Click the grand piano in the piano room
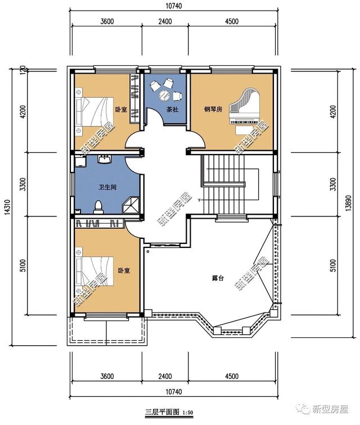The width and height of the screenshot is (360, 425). tap(244, 106)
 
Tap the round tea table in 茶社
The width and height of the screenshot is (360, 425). tap(164, 95)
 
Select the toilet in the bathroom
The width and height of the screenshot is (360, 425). tap(98, 207)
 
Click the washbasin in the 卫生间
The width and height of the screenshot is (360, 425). tap(104, 159)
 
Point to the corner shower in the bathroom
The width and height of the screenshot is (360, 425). tap(131, 205)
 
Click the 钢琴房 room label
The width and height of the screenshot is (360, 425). tap(213, 109)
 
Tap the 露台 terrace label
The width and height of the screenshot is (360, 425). tap(217, 278)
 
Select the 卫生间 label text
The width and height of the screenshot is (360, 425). tap(107, 187)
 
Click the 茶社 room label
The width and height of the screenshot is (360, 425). tap(172, 110)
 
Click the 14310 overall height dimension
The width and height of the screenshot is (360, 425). tap(7, 207)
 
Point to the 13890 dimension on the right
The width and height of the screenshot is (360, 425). tap(349, 203)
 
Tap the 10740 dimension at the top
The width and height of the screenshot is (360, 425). tap(174, 6)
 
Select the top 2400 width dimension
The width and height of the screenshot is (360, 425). tap(165, 21)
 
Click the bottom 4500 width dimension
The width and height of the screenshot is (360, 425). tap(232, 376)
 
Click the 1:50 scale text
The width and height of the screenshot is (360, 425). tap(187, 413)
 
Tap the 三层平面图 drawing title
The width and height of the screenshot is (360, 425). tap(162, 412)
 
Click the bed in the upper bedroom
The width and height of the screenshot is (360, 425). tap(94, 111)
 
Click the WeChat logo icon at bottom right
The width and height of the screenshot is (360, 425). tap(303, 409)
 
